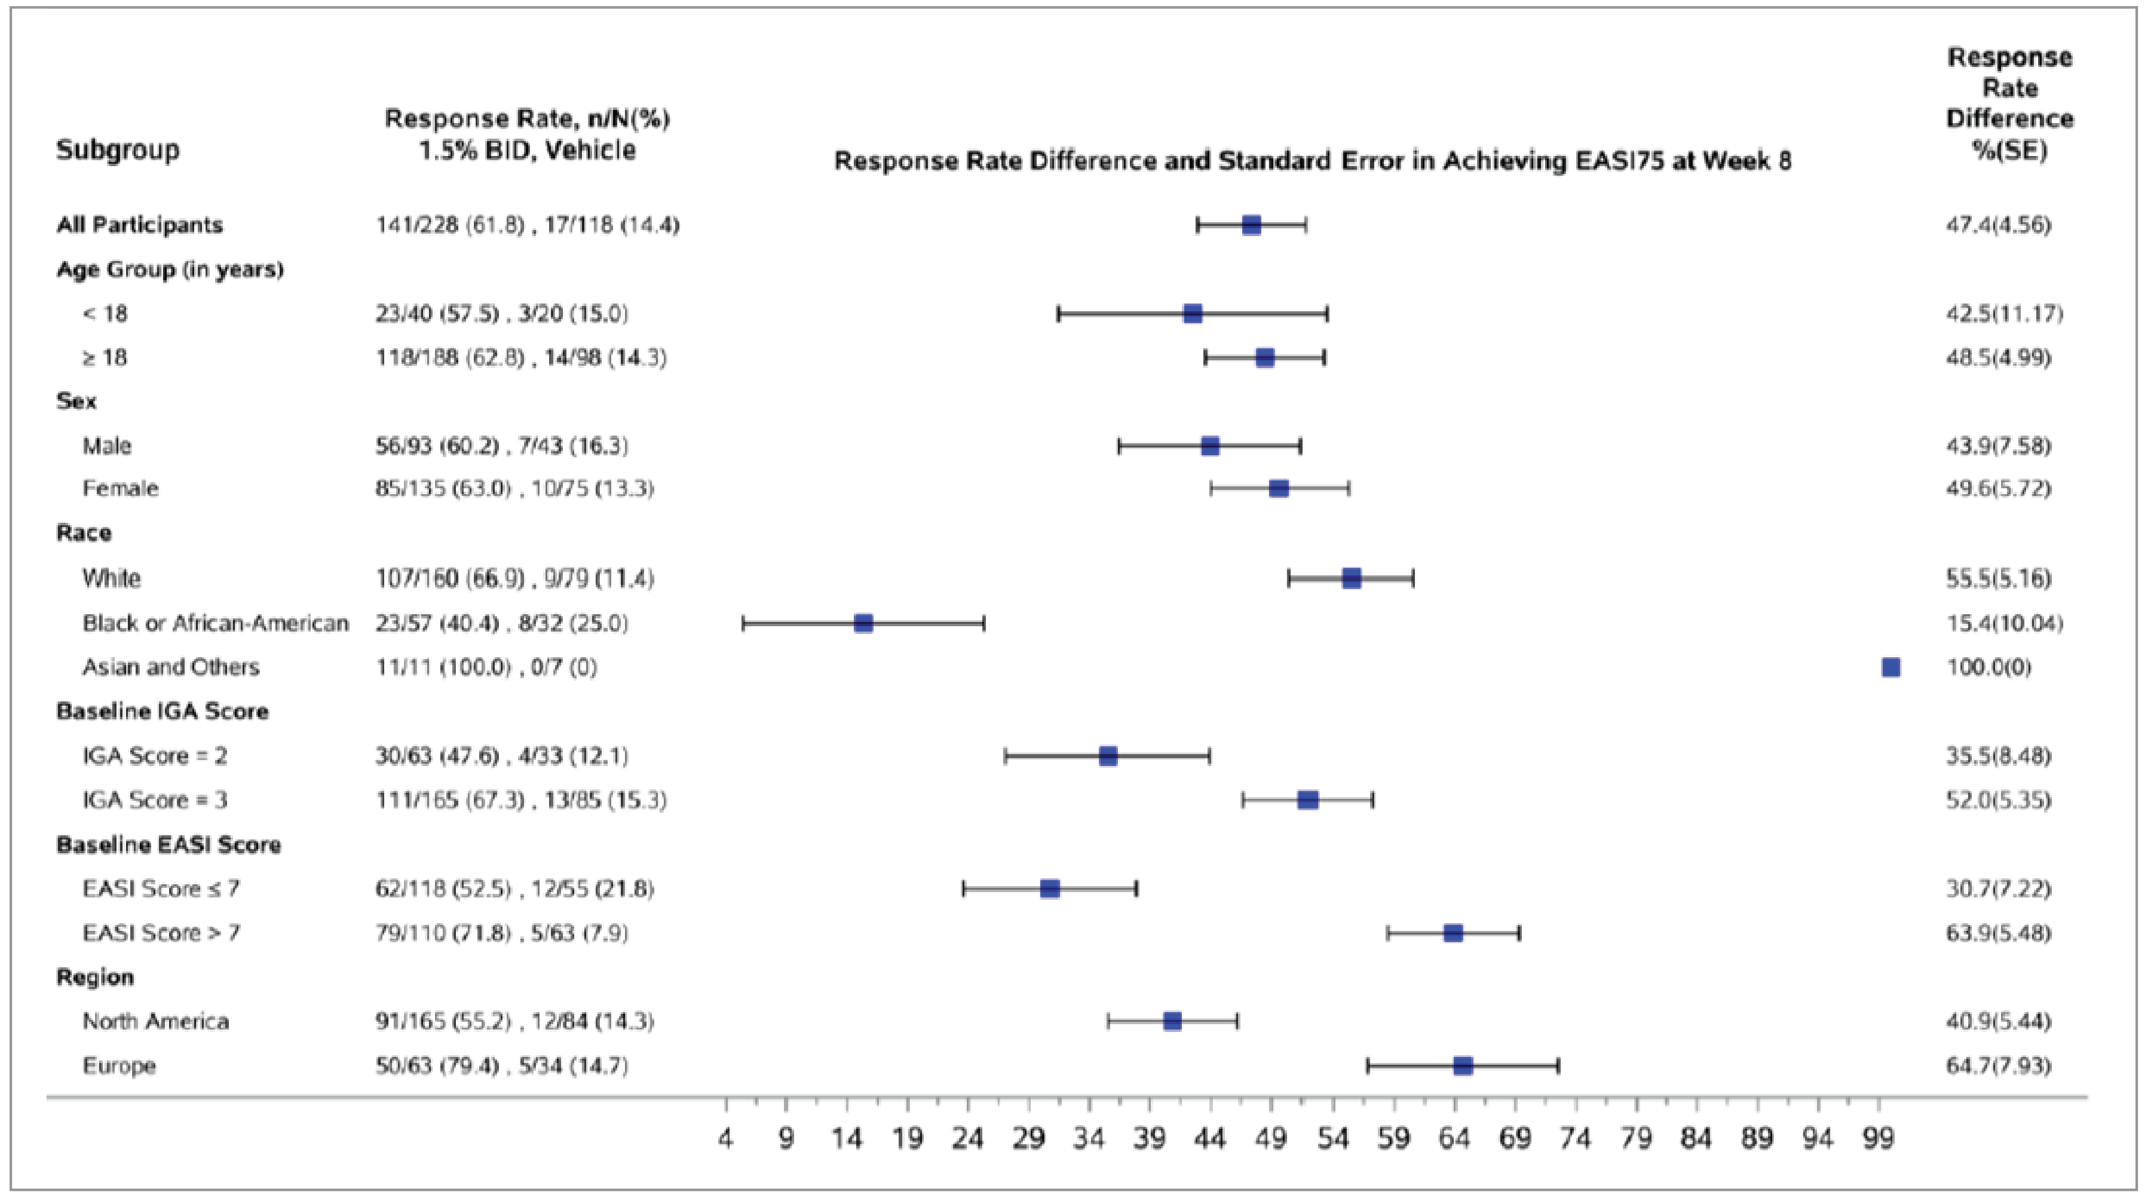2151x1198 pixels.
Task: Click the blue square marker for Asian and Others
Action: pos(1890,667)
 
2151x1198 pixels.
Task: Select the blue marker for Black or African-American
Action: pos(863,623)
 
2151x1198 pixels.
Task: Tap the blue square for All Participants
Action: pos(1251,225)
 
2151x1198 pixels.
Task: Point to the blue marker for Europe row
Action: pos(1462,1065)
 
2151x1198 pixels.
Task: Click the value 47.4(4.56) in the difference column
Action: pos(1997,225)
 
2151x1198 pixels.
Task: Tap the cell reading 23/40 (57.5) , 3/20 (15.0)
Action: pos(501,314)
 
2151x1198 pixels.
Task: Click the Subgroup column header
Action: pos(118,150)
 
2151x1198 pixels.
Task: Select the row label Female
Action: pos(120,488)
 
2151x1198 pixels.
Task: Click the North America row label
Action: pos(155,1021)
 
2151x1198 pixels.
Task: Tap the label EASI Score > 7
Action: pos(161,933)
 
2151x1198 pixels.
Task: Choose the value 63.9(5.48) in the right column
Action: pos(1997,933)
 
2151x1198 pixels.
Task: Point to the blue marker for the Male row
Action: pos(1209,446)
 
